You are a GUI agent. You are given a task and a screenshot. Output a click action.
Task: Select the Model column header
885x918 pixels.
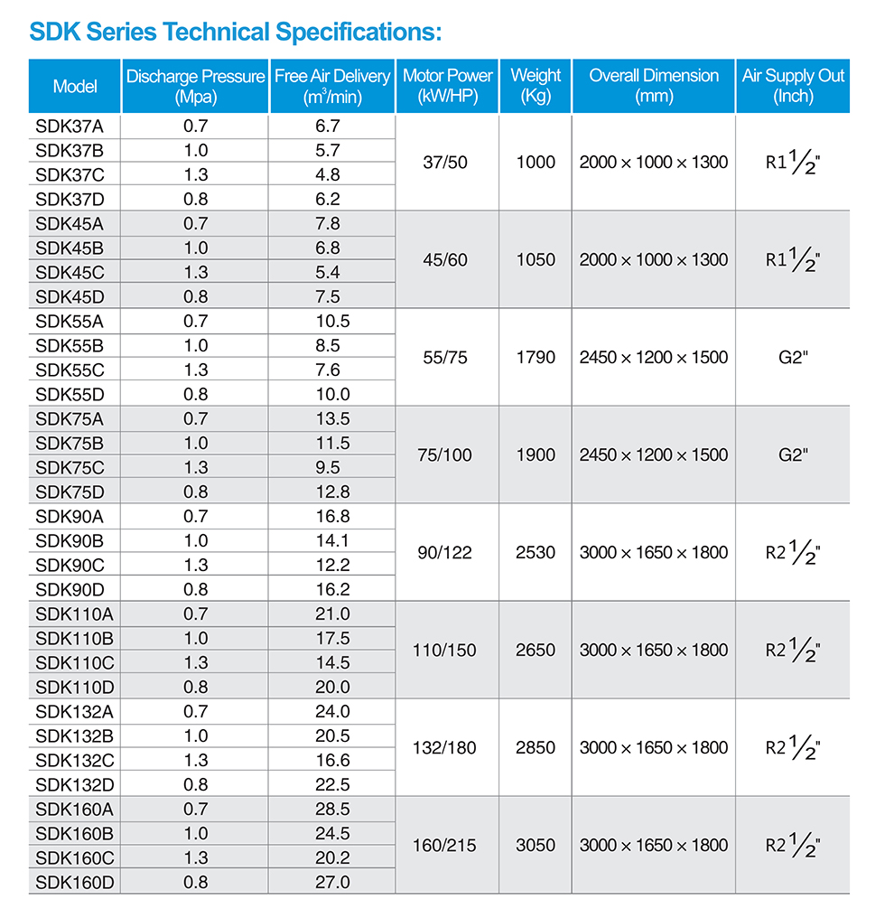pyautogui.click(x=75, y=87)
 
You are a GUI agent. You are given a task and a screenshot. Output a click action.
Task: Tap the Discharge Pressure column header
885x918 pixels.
pyautogui.click(x=196, y=87)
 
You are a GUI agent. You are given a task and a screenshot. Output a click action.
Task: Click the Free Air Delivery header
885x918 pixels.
pyautogui.click(x=332, y=87)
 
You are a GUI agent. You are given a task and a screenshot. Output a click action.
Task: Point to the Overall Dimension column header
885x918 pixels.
pyautogui.click(x=654, y=87)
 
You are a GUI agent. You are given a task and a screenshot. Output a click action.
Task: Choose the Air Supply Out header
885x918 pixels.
pyautogui.click(x=793, y=87)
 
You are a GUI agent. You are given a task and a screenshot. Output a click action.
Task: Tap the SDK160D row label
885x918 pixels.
pyautogui.click(x=75, y=882)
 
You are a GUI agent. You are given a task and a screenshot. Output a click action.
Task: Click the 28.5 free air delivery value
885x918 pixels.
pyautogui.click(x=332, y=809)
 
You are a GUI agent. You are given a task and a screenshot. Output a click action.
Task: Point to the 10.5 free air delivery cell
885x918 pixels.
pyautogui.click(x=332, y=321)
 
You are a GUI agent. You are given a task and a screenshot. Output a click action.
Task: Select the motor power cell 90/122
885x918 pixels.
pyautogui.click(x=445, y=552)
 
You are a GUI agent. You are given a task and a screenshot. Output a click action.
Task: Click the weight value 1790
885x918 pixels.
pyautogui.click(x=536, y=357)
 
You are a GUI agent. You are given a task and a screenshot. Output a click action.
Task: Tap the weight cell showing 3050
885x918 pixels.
pyautogui.click(x=536, y=845)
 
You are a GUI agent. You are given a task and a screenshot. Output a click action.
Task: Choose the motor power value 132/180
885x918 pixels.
pyautogui.click(x=445, y=747)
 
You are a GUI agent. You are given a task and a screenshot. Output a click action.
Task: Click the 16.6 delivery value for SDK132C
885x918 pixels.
pyautogui.click(x=332, y=760)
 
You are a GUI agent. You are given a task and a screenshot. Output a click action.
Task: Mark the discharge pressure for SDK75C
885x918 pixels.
pyautogui.click(x=196, y=467)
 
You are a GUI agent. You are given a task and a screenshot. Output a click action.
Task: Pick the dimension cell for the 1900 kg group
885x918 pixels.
pyautogui.click(x=654, y=454)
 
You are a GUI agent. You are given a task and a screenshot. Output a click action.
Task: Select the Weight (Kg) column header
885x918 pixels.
pyautogui.click(x=536, y=87)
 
